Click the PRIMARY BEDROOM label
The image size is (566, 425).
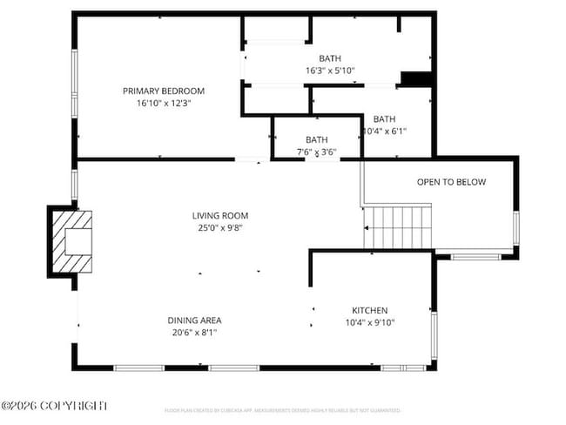tap(163, 91)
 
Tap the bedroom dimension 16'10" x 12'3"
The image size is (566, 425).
tap(163, 103)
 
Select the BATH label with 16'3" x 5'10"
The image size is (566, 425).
tap(329, 58)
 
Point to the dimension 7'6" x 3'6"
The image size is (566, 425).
tap(316, 152)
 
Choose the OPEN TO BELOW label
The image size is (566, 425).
tap(451, 182)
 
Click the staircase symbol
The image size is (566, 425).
tap(397, 226)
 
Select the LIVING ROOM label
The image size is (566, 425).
tap(220, 215)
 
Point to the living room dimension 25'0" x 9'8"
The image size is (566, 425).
tap(220, 227)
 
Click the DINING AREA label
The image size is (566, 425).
tap(194, 320)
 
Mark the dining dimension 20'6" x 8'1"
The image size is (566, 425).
tap(194, 332)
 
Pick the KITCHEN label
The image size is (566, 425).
tap(369, 310)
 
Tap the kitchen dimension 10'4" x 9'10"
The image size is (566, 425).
tap(369, 322)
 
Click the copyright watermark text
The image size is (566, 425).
tap(54, 406)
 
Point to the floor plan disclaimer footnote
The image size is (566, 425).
tap(282, 410)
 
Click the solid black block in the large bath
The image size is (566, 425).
tap(415, 79)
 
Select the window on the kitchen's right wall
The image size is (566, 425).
tap(433, 335)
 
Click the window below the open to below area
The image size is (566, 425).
tap(475, 257)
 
